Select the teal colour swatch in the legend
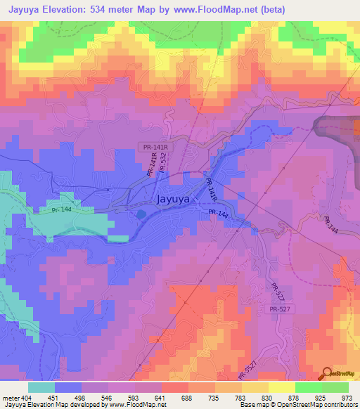[41, 387]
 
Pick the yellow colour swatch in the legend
[282, 387]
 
